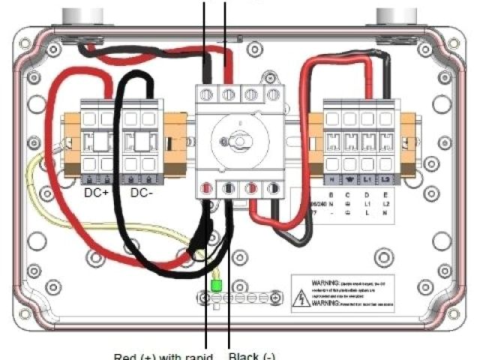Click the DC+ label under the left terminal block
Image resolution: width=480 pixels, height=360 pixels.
98,193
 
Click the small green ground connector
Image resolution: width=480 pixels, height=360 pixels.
216,286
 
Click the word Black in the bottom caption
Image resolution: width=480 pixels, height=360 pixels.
243,355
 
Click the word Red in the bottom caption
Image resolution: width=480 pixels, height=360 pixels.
124,355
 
